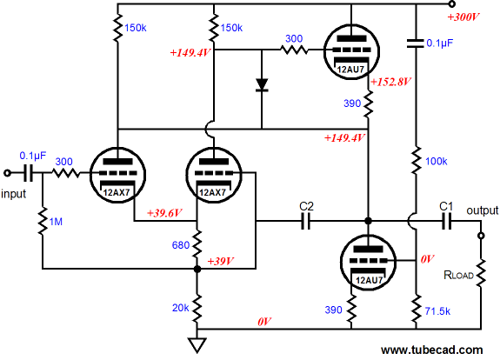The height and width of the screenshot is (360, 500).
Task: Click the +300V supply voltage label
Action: (463, 17)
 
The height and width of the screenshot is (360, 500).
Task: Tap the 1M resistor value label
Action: (56, 222)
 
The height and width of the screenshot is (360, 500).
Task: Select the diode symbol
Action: (262, 85)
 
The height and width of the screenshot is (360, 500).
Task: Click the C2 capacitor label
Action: (306, 206)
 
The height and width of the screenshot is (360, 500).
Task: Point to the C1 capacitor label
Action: (446, 206)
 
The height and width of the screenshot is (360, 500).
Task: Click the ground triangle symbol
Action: (197, 345)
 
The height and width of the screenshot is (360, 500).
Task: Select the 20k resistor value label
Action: (181, 308)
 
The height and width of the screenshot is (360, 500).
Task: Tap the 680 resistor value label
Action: (181, 245)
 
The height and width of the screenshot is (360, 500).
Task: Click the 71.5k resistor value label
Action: (437, 311)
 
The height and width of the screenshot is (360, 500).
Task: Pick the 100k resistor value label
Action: (437, 162)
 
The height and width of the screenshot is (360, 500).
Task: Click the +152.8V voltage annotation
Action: (390, 82)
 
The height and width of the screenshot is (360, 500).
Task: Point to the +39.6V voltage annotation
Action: (163, 213)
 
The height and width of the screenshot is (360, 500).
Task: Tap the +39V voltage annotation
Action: (220, 261)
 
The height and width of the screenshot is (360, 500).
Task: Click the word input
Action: (14, 194)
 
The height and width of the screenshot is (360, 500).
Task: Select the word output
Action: (482, 210)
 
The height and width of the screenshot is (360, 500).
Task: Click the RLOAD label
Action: (458, 275)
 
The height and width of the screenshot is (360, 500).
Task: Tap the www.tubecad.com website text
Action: (432, 350)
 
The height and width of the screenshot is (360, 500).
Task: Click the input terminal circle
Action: (7, 173)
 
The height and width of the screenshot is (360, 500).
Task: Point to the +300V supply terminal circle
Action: (451, 4)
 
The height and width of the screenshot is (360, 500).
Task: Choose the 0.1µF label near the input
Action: (33, 156)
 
